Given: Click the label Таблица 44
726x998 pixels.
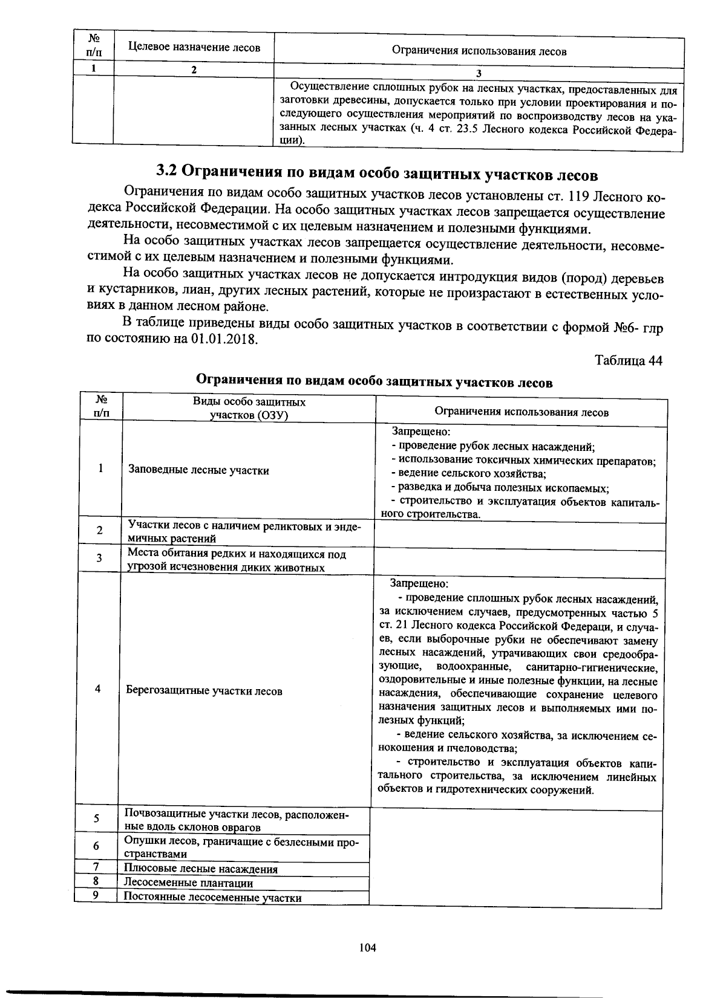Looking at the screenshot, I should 629,360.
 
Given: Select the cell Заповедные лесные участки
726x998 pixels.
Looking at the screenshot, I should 198,470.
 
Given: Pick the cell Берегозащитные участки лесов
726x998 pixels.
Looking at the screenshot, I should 204,690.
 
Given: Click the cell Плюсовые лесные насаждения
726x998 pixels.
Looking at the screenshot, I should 200,869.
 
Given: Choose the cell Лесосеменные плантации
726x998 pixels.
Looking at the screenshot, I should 188,883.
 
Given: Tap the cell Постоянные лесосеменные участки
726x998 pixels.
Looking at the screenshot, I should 212,898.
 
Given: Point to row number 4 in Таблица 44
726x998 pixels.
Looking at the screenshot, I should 97,689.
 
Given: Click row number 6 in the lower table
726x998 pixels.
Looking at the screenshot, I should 96,846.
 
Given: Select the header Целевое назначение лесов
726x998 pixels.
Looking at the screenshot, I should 194,48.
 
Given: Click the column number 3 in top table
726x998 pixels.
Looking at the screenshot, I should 478,73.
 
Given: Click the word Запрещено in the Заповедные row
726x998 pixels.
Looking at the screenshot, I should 421,432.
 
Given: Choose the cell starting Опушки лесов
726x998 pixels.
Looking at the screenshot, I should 241,847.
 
